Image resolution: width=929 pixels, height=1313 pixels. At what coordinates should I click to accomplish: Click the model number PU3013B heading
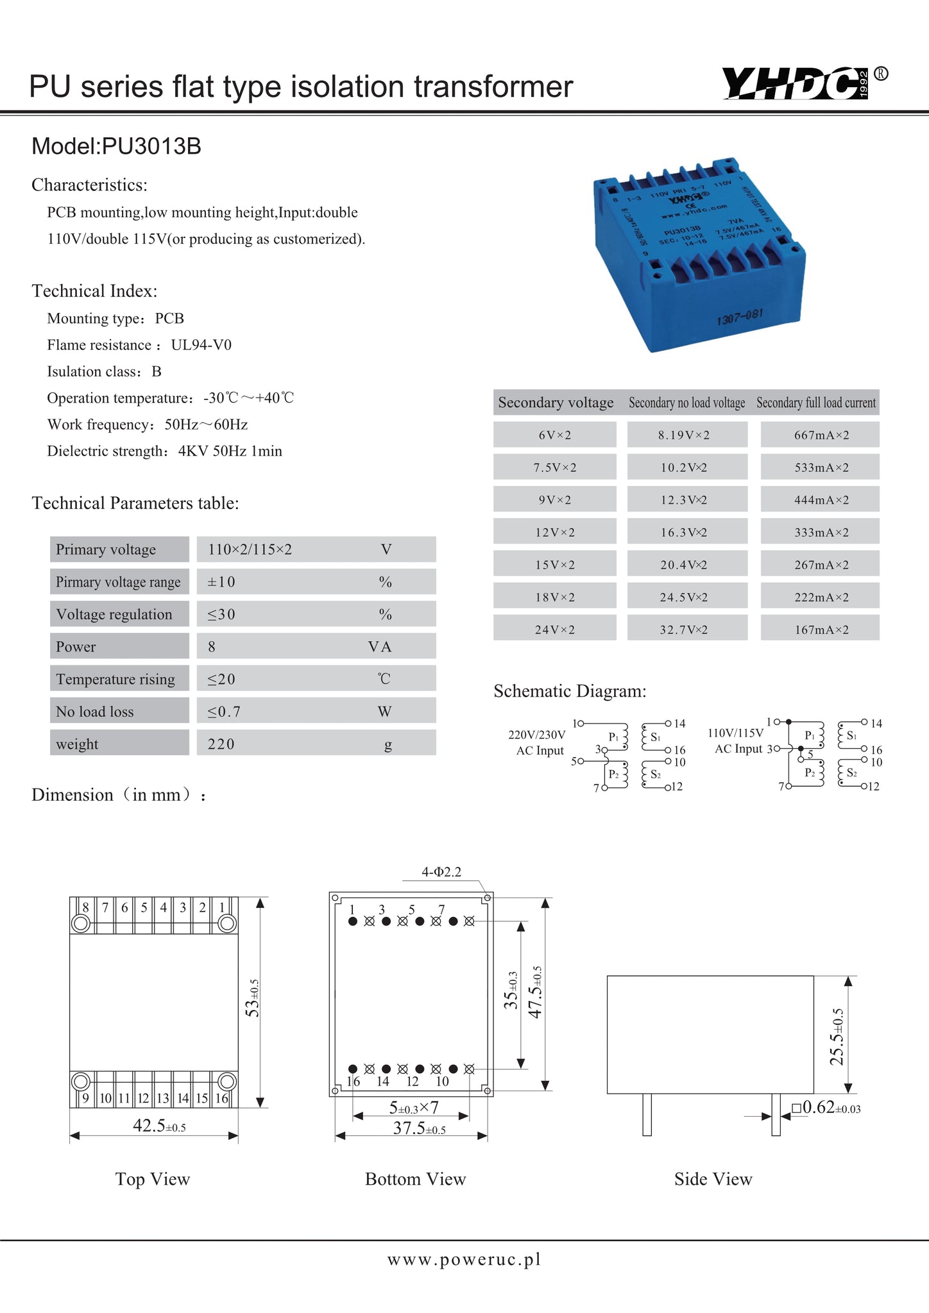coord(116,147)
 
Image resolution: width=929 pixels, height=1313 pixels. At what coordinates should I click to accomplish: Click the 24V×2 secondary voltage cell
coord(555,630)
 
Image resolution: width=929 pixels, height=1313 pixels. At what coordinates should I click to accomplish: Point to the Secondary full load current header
coord(815,403)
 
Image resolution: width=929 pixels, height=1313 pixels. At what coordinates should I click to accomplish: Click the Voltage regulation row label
coord(114,614)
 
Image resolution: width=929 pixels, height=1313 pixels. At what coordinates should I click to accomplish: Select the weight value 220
coord(221,744)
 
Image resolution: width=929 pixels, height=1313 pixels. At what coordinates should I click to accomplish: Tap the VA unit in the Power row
coord(380,647)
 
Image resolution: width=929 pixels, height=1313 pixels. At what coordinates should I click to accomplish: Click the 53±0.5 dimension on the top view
coord(253,999)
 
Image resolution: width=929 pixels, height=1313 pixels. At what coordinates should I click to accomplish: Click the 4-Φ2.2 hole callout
coord(441,872)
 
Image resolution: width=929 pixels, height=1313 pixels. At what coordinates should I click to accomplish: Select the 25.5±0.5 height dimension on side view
coord(837,1036)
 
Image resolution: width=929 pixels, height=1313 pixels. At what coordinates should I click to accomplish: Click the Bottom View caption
coord(415,1179)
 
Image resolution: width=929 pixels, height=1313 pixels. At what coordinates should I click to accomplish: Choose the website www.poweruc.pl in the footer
coord(464,1259)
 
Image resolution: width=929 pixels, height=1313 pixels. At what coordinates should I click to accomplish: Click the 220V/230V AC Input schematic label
coord(537,742)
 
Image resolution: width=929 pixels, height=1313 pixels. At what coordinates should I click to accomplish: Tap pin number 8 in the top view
coord(86,907)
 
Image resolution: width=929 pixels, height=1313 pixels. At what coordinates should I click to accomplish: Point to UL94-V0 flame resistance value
coord(201,345)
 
